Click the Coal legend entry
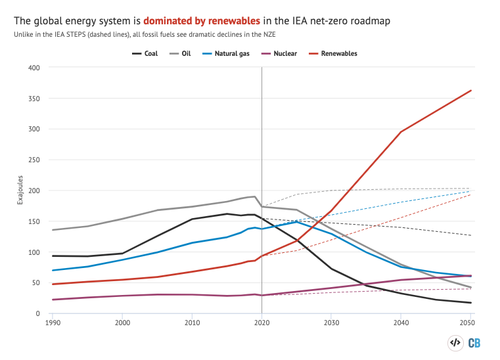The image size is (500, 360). tap(145, 53)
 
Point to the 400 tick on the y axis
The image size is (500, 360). tap(35, 68)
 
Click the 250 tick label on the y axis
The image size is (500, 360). tap(35, 160)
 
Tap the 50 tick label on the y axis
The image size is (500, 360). tap(37, 283)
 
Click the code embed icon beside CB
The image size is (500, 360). tap(454, 342)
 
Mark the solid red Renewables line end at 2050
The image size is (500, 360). tap(470, 91)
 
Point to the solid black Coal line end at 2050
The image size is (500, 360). tap(470, 303)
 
